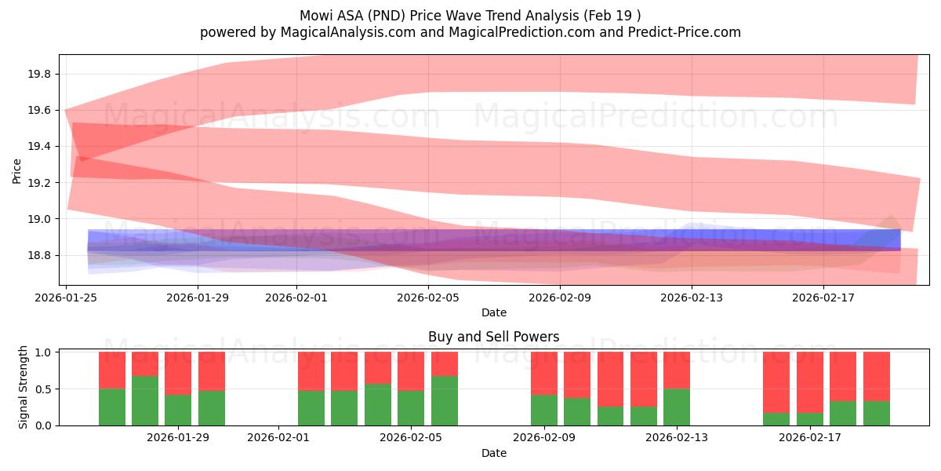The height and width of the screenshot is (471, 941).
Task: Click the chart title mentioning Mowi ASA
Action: pos(470,15)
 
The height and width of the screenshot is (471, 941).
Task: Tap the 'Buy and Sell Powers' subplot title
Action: pos(493,337)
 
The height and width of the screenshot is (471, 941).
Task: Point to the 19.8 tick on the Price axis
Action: pos(40,75)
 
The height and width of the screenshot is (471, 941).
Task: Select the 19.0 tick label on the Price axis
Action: pos(40,219)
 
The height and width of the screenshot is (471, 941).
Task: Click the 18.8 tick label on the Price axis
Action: pos(40,255)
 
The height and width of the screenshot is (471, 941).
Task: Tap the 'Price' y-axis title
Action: pos(17,170)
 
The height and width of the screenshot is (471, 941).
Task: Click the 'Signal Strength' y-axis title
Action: pos(24,387)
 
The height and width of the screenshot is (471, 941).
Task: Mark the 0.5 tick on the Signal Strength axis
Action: pos(44,389)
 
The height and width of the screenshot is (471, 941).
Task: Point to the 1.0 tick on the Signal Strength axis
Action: pos(44,352)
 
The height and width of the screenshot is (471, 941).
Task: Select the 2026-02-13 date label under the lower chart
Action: pos(676,436)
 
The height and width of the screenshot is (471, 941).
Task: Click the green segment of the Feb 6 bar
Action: pos(445,400)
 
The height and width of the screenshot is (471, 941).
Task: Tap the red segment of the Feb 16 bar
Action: pos(776,382)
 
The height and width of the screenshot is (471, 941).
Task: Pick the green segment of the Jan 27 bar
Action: pos(145,400)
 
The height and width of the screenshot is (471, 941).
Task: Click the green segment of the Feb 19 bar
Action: pos(877,413)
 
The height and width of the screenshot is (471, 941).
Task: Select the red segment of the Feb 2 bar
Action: pos(311,371)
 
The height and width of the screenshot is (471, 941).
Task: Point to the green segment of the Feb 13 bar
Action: pos(677,407)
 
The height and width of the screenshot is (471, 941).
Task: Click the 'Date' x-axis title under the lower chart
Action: pos(493,453)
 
